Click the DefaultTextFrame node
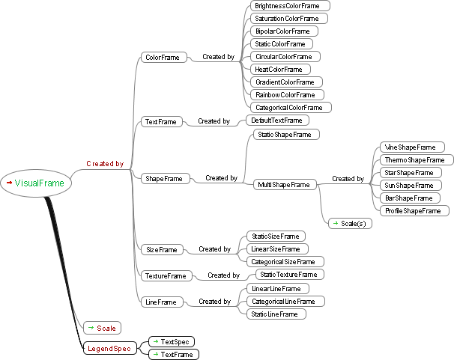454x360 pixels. click(277, 120)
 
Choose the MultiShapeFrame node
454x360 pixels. click(283, 184)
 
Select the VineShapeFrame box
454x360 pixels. click(408, 147)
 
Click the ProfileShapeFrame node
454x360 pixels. click(413, 210)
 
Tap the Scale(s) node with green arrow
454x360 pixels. click(348, 223)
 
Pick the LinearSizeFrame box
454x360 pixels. click(276, 248)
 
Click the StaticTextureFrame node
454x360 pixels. click(288, 274)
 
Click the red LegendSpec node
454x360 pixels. click(109, 348)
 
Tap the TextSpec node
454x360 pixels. click(172, 341)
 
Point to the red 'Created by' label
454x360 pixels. click(105, 163)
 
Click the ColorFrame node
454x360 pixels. click(162, 57)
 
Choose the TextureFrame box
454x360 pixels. click(166, 275)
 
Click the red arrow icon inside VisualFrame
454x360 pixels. click(9, 183)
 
